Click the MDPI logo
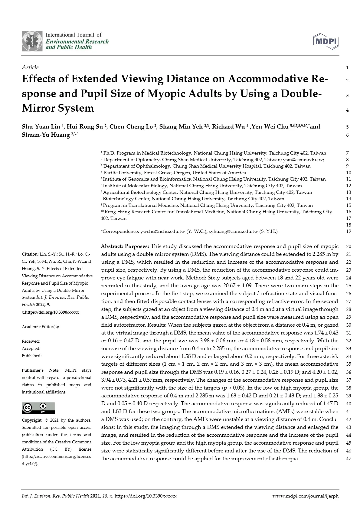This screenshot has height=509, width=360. tap(326, 41)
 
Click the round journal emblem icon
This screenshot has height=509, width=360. tap(32, 41)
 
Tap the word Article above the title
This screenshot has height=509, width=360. tap(30, 67)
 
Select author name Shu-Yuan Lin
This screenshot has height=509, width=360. tap(41, 126)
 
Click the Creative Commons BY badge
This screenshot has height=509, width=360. tap(38, 408)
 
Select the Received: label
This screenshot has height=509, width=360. tap(31, 341)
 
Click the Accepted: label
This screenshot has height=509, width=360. tap(31, 348)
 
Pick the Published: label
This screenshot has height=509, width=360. tap(31, 356)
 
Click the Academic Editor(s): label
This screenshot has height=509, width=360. tap(40, 327)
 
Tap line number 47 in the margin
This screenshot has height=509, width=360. tap(348, 458)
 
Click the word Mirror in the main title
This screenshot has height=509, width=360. tap(38, 108)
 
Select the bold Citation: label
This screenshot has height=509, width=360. tap(30, 254)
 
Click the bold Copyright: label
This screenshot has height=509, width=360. tap(32, 420)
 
